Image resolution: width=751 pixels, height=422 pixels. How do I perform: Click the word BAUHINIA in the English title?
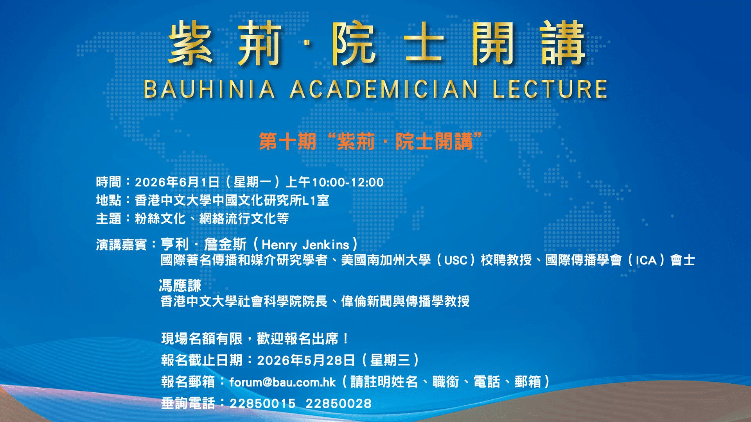click(x=210, y=89)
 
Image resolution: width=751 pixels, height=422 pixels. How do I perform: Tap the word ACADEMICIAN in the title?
click(x=384, y=89)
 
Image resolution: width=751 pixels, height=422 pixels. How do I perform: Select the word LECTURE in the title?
click(x=550, y=89)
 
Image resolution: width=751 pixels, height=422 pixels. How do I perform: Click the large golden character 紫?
click(x=191, y=43)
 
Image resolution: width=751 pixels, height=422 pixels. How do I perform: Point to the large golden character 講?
click(x=563, y=43)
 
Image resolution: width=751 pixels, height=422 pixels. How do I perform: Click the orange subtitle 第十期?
click(x=287, y=141)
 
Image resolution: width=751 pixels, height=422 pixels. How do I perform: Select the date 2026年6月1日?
click(x=177, y=182)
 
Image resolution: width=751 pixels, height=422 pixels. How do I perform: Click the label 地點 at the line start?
click(x=108, y=200)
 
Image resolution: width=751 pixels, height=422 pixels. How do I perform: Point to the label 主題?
click(x=108, y=218)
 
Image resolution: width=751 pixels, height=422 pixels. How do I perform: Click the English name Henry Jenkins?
click(x=305, y=245)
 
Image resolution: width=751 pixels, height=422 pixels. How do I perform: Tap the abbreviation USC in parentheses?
click(x=456, y=260)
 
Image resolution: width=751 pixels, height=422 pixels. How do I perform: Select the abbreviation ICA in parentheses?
click(x=646, y=260)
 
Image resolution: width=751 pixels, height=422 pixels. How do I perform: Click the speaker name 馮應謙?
click(x=180, y=286)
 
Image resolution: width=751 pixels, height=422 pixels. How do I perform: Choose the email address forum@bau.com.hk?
click(x=282, y=382)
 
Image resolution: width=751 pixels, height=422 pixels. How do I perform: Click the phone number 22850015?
click(x=262, y=404)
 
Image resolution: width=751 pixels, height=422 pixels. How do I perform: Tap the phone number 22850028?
click(x=338, y=404)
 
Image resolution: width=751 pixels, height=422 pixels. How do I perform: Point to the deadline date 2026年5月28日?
click(x=306, y=360)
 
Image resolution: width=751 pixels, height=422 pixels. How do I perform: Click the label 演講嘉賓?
click(x=121, y=245)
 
